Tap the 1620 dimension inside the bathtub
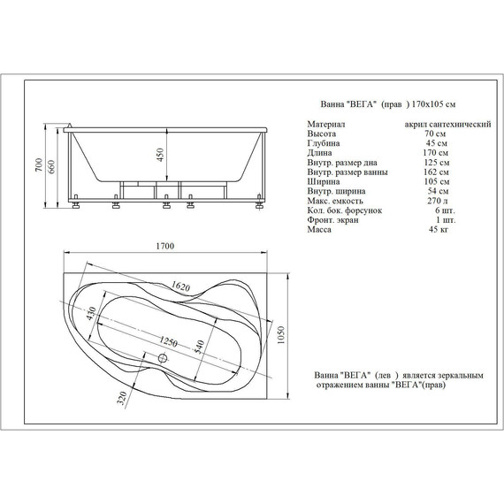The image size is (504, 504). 181,286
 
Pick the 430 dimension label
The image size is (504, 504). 91,315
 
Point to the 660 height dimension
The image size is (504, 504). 53,168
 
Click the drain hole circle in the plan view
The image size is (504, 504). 163,358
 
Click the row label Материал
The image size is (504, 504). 326,125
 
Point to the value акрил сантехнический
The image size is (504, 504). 447,125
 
